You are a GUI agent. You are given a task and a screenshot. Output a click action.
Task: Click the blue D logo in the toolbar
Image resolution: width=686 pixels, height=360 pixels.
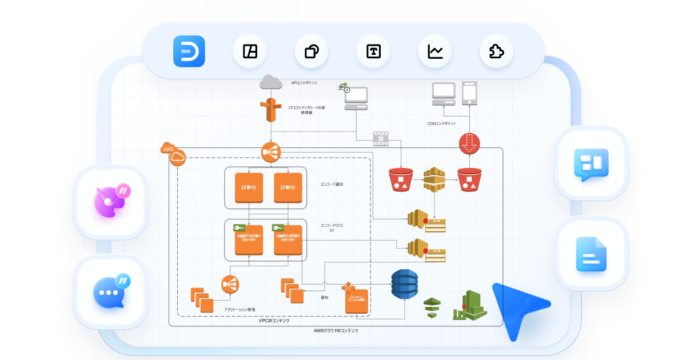(189, 52)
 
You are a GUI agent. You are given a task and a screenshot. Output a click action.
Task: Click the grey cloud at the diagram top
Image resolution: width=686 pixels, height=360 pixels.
(271, 82)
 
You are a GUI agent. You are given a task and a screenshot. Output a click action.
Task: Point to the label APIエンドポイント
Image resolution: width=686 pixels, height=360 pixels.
(304, 83)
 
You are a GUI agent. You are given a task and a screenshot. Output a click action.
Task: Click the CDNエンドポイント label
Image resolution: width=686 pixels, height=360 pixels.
(442, 123)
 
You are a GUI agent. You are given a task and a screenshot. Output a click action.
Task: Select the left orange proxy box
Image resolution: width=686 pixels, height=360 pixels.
(249, 187)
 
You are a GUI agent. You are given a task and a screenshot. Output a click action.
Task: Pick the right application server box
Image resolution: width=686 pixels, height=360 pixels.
(288, 239)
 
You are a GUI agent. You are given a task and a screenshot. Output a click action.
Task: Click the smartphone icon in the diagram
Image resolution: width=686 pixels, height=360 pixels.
(469, 93)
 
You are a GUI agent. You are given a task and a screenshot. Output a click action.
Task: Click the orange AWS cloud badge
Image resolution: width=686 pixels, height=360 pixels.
(173, 154)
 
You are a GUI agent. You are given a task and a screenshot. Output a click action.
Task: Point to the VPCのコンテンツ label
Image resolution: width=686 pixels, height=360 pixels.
(274, 321)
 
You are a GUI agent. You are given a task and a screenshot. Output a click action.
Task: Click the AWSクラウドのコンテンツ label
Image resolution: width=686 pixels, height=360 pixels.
(336, 330)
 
